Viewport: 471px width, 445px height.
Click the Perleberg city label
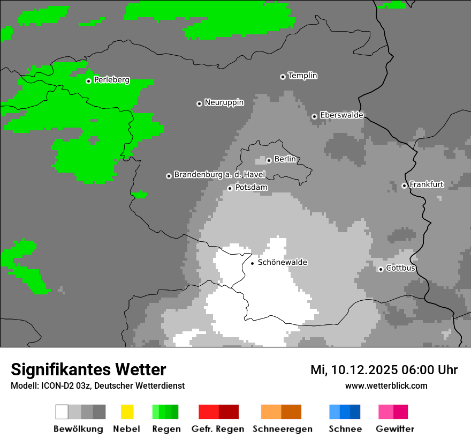pyautogui.click(x=111, y=80)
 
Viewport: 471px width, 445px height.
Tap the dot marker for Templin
pyautogui.click(x=283, y=77)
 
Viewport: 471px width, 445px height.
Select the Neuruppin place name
pyautogui.click(x=224, y=102)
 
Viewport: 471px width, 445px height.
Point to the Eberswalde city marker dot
pyautogui.click(x=314, y=116)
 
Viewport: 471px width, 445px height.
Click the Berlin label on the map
pyautogui.click(x=285, y=159)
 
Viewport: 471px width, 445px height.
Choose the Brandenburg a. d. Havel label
pyautogui.click(x=219, y=175)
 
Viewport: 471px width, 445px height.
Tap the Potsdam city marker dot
pyautogui.click(x=230, y=188)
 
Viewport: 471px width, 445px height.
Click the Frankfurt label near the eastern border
pyautogui.click(x=426, y=184)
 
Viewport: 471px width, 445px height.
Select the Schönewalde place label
pyautogui.click(x=282, y=263)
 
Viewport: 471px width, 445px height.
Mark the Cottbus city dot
pyautogui.click(x=381, y=269)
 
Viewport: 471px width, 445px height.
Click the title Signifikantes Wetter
pyautogui.click(x=88, y=369)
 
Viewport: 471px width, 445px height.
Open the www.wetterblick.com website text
pyautogui.click(x=386, y=385)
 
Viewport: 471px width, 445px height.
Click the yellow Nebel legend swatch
pyautogui.click(x=127, y=412)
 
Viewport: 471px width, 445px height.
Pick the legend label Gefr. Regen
pyautogui.click(x=218, y=429)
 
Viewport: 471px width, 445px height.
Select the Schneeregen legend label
pyautogui.click(x=282, y=429)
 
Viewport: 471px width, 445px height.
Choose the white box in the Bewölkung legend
pyautogui.click(x=62, y=412)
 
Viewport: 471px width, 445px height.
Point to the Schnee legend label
pyautogui.click(x=345, y=429)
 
